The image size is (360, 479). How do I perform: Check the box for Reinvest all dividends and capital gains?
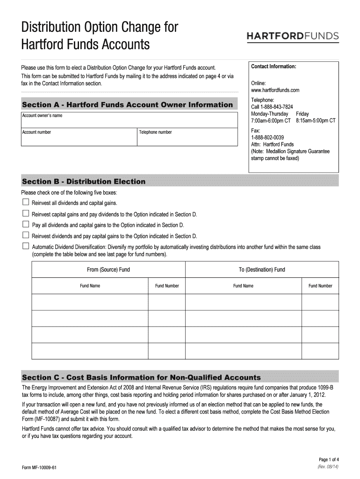tap(26, 203)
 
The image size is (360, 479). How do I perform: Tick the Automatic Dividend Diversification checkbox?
tap(26, 246)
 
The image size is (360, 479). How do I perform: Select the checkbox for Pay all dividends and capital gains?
tap(26, 225)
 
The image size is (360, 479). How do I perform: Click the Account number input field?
tap(79, 137)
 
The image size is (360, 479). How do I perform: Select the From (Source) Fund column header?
tap(108, 269)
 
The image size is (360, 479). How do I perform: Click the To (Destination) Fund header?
tap(262, 269)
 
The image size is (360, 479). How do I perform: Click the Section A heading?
tap(127, 105)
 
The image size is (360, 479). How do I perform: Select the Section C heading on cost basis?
tap(142, 377)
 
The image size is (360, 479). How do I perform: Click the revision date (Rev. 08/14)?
tap(328, 467)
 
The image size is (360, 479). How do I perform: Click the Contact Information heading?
tap(274, 66)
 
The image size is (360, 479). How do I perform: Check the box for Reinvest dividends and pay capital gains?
tap(26, 235)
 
